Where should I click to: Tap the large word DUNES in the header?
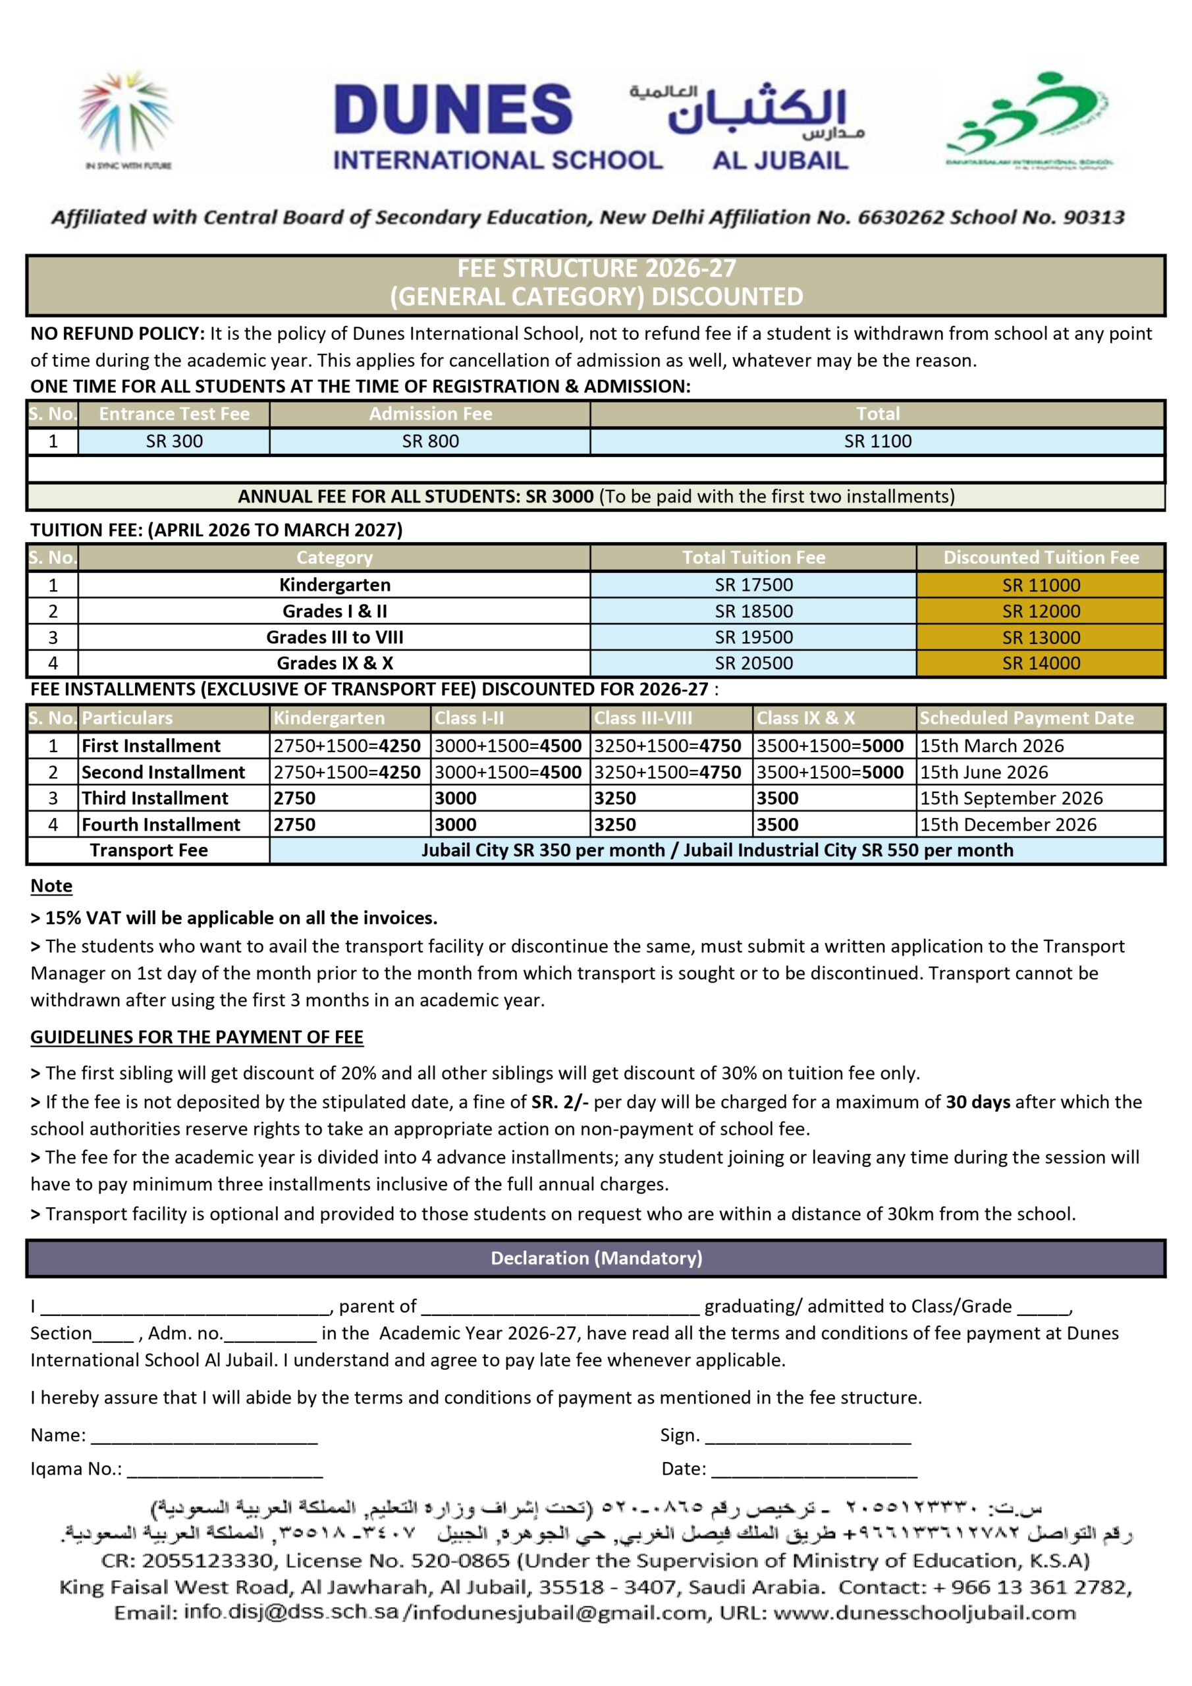(x=453, y=109)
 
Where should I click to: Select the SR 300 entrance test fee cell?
(x=174, y=441)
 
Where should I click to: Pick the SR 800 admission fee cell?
(x=431, y=441)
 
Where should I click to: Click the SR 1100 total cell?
(x=877, y=441)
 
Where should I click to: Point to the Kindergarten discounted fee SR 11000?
(x=1041, y=585)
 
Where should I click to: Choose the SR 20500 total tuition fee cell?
(x=753, y=663)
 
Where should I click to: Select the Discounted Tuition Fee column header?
(x=1041, y=557)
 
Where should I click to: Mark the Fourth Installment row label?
(x=161, y=825)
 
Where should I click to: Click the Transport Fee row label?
(x=148, y=850)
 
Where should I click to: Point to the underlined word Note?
(x=51, y=886)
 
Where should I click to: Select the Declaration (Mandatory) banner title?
(x=597, y=1258)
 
